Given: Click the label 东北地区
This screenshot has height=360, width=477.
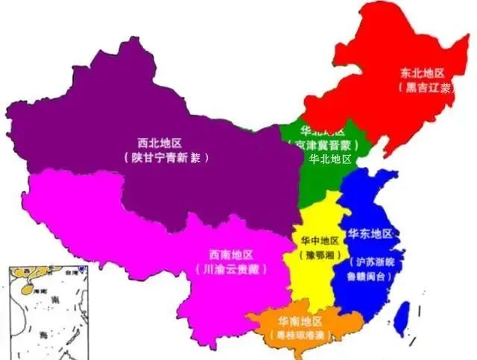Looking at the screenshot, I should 422,73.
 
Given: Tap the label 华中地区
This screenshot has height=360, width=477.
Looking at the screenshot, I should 320,241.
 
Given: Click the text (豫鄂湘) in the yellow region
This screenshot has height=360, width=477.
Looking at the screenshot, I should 320,255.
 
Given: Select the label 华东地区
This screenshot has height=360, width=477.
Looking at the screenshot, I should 370,233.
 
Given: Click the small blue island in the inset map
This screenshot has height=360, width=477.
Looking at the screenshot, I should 81,268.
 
